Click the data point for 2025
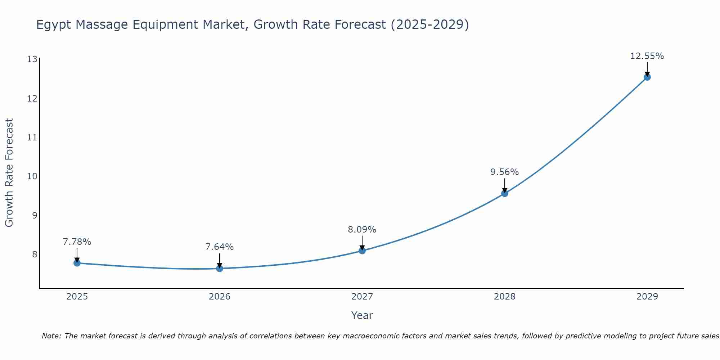tap(77, 263)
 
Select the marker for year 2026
tap(220, 269)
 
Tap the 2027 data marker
tap(362, 251)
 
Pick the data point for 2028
tap(505, 193)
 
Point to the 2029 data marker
tap(647, 77)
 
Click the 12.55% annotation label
tap(647, 56)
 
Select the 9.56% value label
tap(505, 172)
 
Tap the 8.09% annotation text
tap(362, 230)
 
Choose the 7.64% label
tap(220, 247)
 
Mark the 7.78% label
tap(77, 242)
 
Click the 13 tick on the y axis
tap(32, 59)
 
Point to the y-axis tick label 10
tap(32, 176)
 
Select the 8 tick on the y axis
tap(35, 255)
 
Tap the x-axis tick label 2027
tap(362, 297)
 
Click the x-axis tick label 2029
tap(647, 297)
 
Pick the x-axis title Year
tap(362, 315)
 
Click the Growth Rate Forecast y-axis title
tap(9, 173)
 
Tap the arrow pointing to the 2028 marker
tap(505, 186)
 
